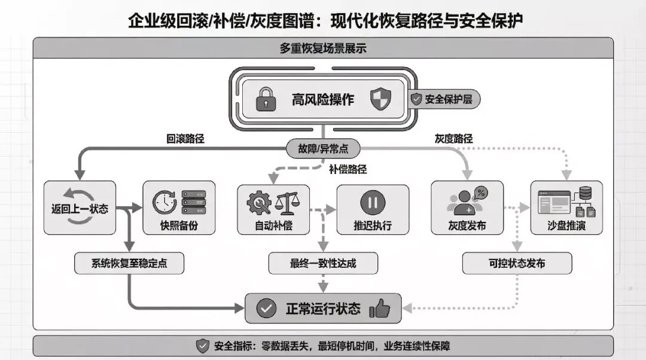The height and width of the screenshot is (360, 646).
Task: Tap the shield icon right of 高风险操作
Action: click(380, 99)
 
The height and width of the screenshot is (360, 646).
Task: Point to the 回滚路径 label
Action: click(185, 139)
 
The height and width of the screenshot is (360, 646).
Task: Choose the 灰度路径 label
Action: click(453, 139)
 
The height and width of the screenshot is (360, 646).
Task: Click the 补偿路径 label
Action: click(348, 169)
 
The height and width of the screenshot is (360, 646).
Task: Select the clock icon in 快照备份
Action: click(164, 202)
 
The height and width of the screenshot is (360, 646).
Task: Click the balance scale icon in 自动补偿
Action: click(287, 202)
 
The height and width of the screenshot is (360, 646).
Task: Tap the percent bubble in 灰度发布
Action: click(480, 193)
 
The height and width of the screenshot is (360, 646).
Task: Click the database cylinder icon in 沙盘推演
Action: click(585, 193)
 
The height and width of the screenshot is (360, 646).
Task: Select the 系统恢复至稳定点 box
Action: click(129, 263)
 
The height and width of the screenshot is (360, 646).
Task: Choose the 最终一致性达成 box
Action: click(323, 263)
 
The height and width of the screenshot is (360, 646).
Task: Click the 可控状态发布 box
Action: click(517, 263)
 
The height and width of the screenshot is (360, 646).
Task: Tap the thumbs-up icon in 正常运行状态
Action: click(379, 309)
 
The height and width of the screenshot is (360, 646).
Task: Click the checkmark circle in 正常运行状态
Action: click(266, 309)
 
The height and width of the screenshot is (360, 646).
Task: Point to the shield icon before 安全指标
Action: click(203, 346)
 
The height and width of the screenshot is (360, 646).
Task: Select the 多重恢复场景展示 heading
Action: click(323, 48)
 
